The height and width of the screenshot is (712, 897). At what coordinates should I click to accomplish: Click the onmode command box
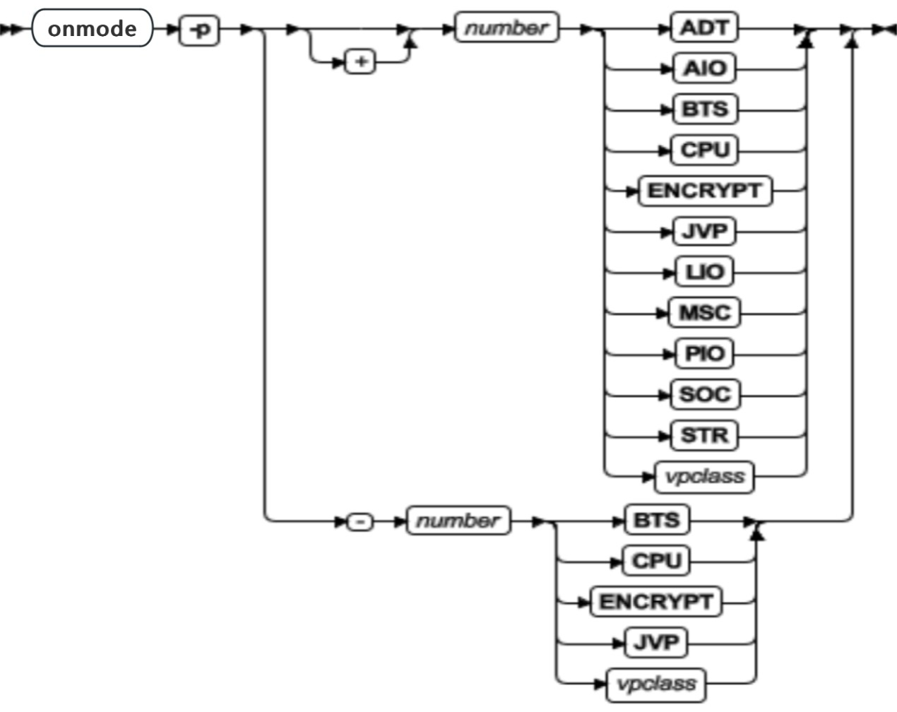(x=92, y=28)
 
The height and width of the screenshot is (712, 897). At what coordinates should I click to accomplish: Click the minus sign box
(x=360, y=523)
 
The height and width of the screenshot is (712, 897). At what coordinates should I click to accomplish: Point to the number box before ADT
(x=506, y=28)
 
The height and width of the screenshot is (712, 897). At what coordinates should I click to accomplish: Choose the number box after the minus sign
(x=458, y=521)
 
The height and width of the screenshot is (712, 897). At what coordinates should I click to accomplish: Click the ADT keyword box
(x=703, y=28)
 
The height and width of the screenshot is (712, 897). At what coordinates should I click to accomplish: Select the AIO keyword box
(x=703, y=69)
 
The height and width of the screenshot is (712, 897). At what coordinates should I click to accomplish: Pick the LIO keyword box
(x=703, y=272)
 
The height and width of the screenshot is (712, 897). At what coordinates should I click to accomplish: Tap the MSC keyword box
(x=703, y=313)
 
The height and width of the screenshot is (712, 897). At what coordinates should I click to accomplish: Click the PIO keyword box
(x=703, y=353)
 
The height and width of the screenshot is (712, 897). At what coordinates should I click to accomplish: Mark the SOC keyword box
(x=703, y=394)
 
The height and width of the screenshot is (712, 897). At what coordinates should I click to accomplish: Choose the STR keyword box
(x=703, y=435)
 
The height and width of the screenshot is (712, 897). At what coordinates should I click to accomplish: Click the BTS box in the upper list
(x=703, y=109)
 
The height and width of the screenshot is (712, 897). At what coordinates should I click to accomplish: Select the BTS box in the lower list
(x=656, y=521)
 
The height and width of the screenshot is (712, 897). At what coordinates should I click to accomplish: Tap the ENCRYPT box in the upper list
(x=704, y=191)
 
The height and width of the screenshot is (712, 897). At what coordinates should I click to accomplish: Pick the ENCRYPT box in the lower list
(x=656, y=602)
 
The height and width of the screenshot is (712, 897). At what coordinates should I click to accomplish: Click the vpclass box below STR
(x=704, y=477)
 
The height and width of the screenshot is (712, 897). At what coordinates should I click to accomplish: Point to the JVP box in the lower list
(x=656, y=643)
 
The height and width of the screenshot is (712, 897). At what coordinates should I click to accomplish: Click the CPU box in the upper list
(x=703, y=150)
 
